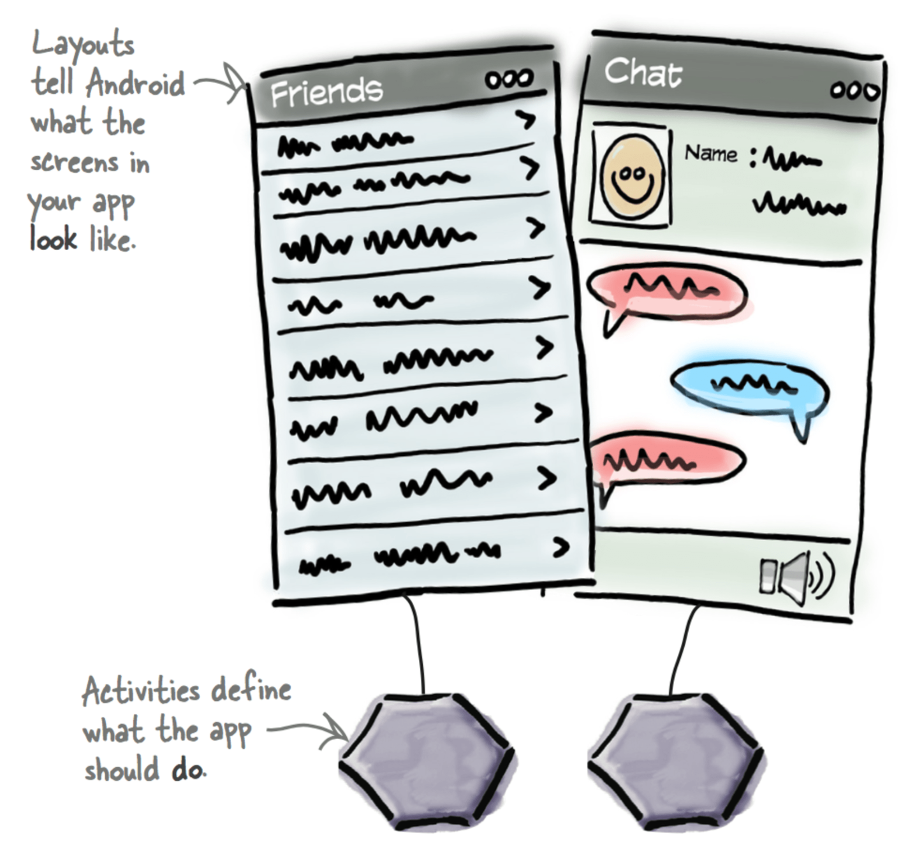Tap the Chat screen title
coord(642,72)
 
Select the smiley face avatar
coord(632,176)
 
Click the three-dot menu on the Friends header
coord(509,80)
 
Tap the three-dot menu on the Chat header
coord(854,91)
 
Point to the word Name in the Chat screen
coord(710,154)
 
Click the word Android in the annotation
coord(135,84)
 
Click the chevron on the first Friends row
coord(526,119)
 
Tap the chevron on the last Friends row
coord(560,547)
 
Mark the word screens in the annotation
coord(75,162)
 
